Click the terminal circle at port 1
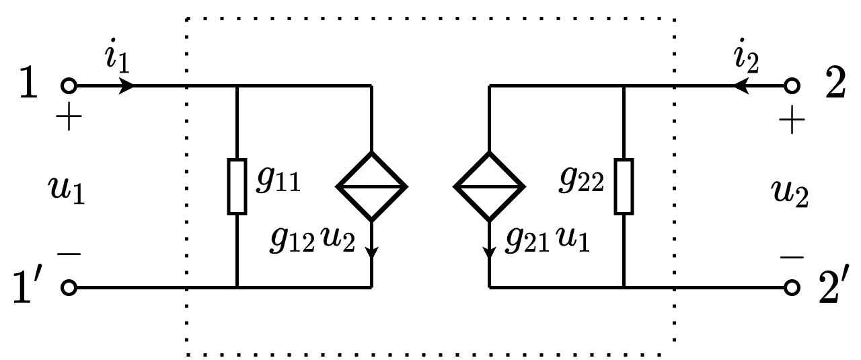coord(69,86)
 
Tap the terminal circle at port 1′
coord(69,288)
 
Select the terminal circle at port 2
coord(792,86)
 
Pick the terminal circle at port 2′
coord(792,288)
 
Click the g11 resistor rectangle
coord(237,186)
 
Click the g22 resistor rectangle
coord(624,186)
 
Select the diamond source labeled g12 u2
coord(372,186)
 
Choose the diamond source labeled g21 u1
coord(489,186)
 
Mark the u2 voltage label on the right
coord(790,194)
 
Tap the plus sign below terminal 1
coord(69,121)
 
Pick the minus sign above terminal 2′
coord(792,257)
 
